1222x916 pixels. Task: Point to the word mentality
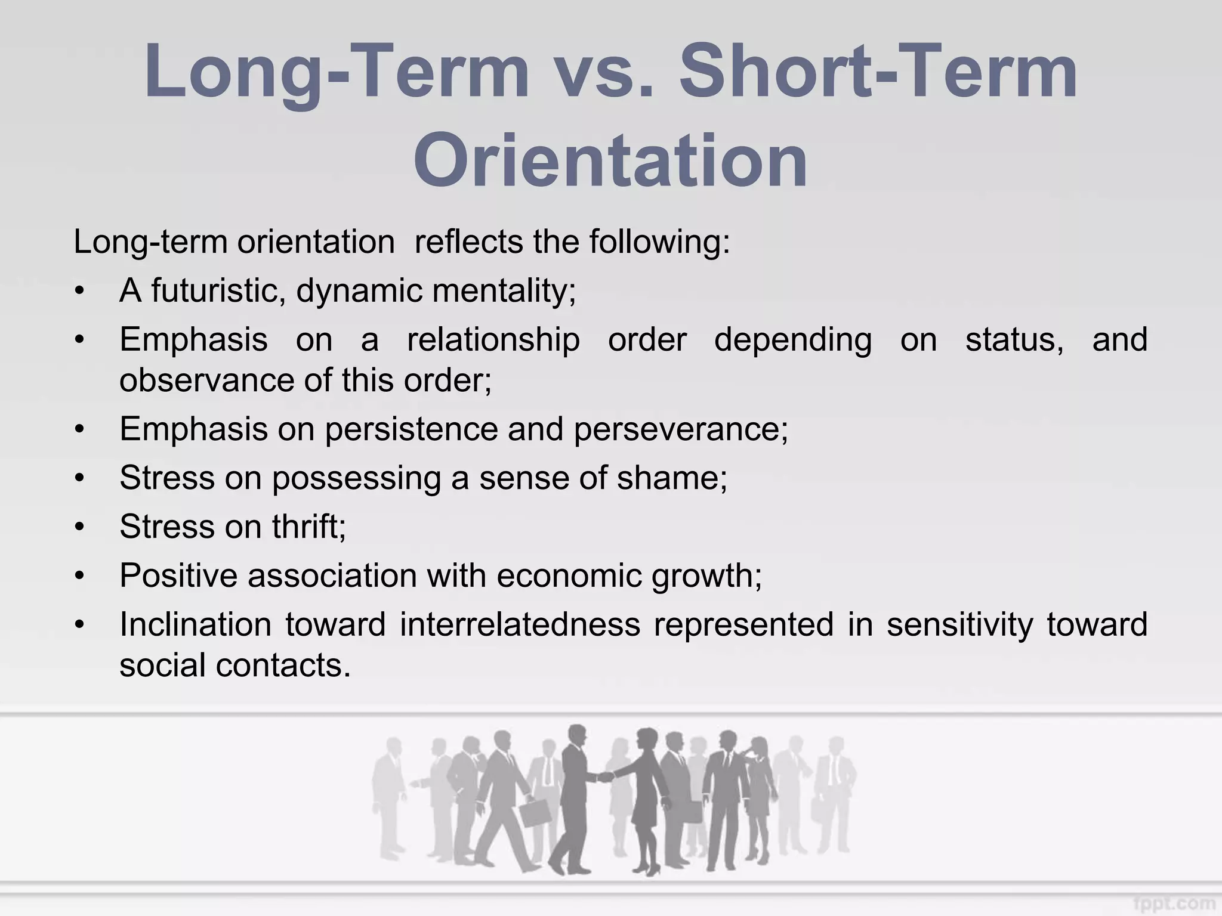click(504, 291)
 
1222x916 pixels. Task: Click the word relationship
click(493, 340)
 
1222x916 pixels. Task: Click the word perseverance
click(680, 429)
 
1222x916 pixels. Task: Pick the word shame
click(671, 478)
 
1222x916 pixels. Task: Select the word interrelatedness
click(520, 624)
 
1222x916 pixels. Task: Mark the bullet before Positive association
click(80, 577)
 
